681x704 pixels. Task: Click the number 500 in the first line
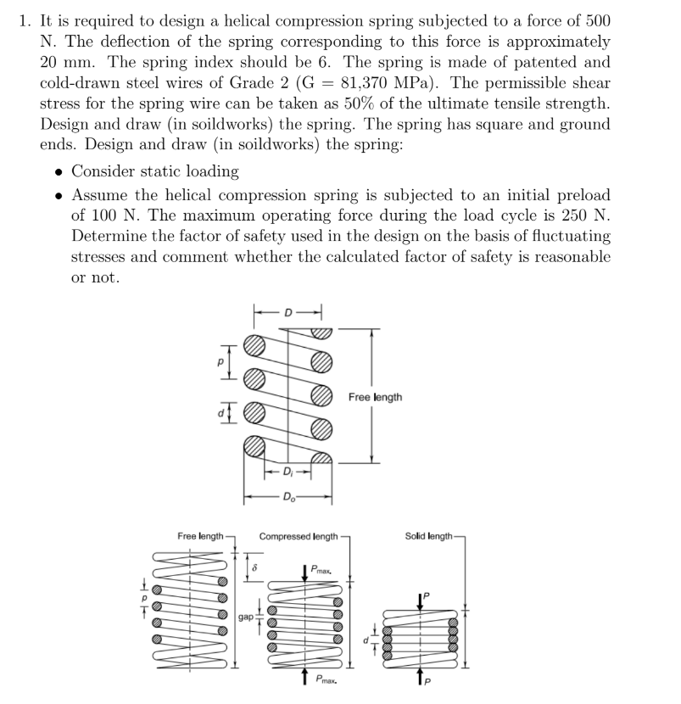point(596,21)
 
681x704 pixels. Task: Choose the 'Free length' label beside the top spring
point(375,397)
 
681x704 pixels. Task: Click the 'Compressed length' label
point(298,536)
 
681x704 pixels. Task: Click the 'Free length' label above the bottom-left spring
point(200,536)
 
